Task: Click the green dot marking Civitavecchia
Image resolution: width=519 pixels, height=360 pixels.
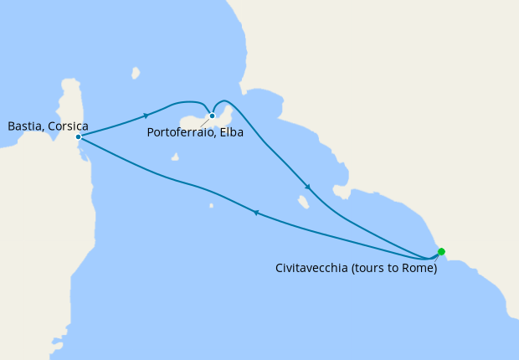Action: (441, 251)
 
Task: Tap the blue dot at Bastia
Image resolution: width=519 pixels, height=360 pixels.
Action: (78, 136)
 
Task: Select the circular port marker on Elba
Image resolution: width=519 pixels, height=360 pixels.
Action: (213, 116)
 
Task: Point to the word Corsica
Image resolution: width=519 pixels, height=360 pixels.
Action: (69, 126)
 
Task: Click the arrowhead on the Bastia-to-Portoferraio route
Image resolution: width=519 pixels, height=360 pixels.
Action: (146, 115)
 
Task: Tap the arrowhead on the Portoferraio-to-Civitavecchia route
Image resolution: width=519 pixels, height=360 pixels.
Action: (308, 187)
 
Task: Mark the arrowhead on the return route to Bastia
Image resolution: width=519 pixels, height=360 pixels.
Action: (256, 213)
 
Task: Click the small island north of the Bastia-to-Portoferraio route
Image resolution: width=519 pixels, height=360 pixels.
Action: (135, 72)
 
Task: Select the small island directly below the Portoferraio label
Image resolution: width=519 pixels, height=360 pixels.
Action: (175, 156)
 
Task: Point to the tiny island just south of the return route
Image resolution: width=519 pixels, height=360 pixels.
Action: (211, 205)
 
